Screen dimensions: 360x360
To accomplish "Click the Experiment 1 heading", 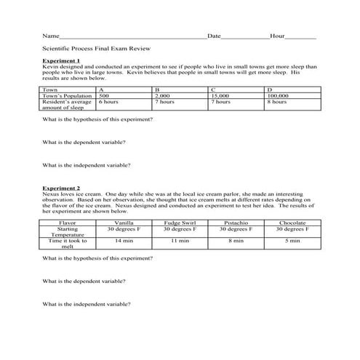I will coord(61,60).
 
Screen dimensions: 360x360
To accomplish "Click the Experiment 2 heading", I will coord(61,188).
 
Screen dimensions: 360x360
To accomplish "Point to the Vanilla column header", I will coord(124,223).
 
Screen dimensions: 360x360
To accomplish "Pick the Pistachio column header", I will coord(236,223).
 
